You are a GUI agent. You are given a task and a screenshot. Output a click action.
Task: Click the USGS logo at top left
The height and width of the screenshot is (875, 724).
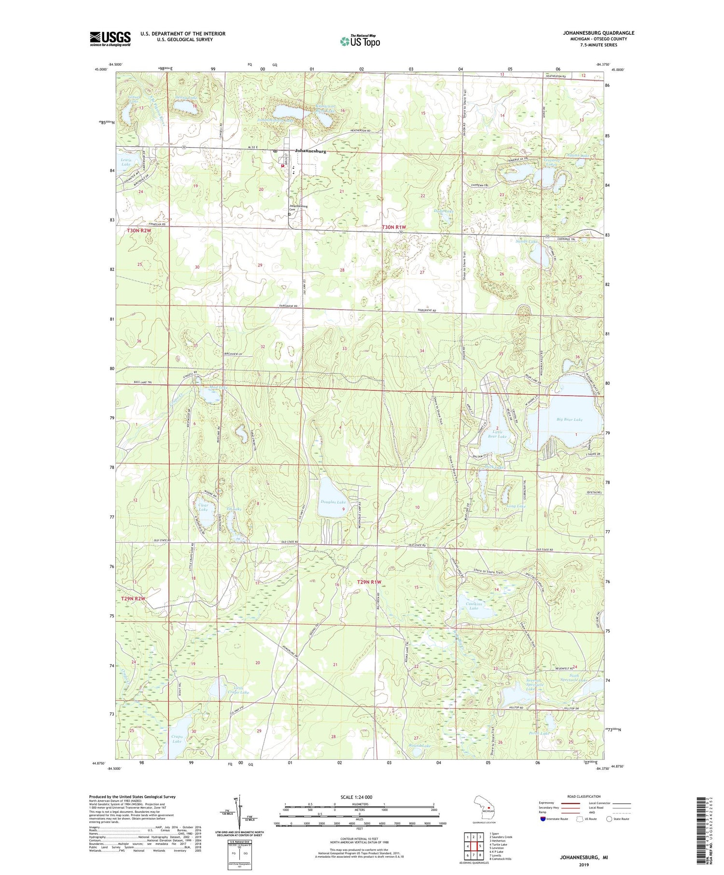point(110,39)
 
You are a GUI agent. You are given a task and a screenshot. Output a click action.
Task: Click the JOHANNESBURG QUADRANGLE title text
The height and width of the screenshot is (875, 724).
point(598,33)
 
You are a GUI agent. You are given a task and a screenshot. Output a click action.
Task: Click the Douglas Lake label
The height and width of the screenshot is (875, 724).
point(333,502)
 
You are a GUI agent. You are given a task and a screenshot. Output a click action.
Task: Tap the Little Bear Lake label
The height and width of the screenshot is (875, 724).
point(497,434)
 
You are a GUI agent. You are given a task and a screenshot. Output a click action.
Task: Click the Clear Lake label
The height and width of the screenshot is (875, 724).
point(203,507)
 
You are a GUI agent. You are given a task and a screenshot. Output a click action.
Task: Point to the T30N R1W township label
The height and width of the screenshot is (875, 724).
point(394,227)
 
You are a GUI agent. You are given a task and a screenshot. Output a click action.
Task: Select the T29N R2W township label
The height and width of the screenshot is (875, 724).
point(133,598)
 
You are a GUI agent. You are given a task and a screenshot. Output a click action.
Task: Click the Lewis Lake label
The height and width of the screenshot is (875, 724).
point(125,162)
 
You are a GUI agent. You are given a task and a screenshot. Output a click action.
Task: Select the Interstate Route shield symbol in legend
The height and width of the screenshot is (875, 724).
point(543,819)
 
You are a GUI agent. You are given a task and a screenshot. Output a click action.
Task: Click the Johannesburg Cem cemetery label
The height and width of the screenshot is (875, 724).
point(298,208)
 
